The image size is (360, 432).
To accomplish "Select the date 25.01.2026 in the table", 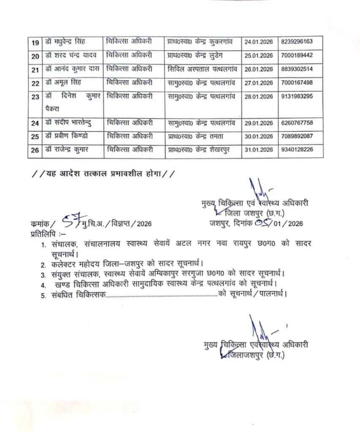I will (x=259, y=55).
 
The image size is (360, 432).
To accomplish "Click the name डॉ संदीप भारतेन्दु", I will (x=68, y=123).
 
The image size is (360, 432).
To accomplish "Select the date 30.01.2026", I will (x=259, y=136).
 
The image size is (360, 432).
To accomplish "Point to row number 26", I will (x=35, y=150).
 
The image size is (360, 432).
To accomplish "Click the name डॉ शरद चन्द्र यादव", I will (x=70, y=55).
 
